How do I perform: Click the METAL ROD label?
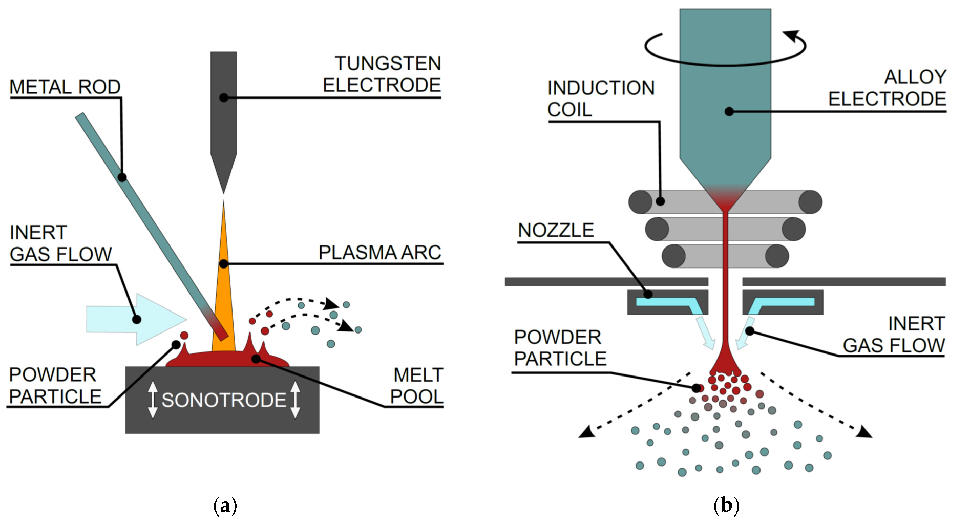65,87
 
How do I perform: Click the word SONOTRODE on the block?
224,400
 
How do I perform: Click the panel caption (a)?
225,506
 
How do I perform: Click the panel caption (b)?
726,506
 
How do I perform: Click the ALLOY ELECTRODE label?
887,88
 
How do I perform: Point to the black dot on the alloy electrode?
729,111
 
